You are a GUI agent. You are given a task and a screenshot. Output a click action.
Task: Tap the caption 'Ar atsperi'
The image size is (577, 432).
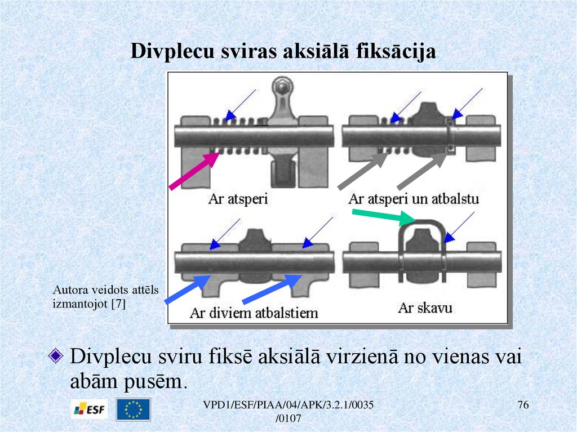pyautogui.click(x=237, y=199)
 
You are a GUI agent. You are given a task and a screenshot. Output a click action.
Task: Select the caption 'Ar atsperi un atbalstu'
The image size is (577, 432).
pyautogui.click(x=414, y=199)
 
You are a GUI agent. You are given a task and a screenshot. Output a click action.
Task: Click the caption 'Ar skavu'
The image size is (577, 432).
pyautogui.click(x=425, y=308)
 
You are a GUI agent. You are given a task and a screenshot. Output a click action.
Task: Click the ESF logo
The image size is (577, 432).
pyautogui.click(x=90, y=409)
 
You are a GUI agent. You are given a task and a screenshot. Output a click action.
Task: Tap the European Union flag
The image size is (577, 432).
pyautogui.click(x=133, y=409)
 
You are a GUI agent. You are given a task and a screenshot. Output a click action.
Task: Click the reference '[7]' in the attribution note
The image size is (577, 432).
pyautogui.click(x=118, y=304)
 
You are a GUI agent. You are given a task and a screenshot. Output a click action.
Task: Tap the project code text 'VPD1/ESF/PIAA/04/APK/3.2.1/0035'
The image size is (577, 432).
pyautogui.click(x=289, y=407)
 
